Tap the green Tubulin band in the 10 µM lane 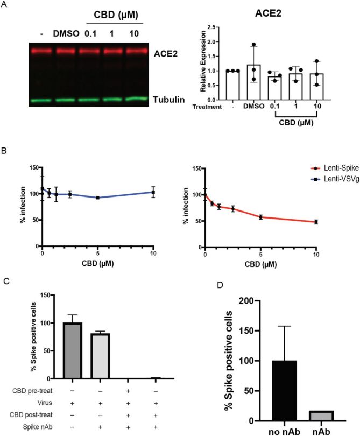[138, 98]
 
